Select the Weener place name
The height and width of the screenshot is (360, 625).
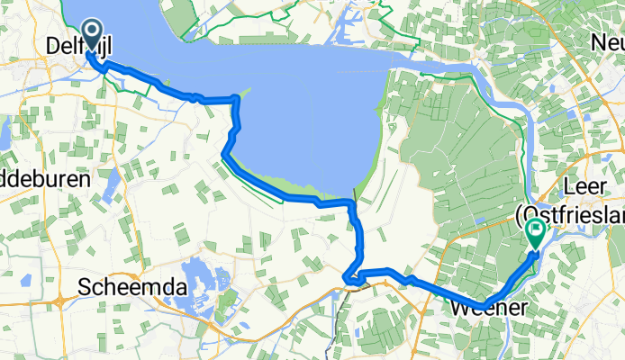[x=483, y=309]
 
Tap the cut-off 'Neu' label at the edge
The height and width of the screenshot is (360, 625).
[x=606, y=42]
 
